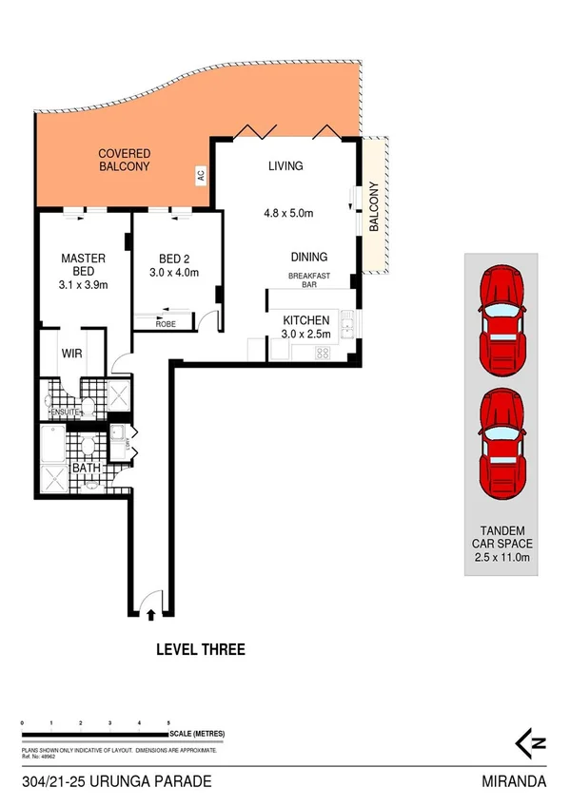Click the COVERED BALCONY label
pos(126,161)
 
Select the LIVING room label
pos(285,166)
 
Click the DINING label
pos(309,257)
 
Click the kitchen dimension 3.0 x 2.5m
pos(305,335)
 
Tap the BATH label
pos(88,468)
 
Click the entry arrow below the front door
pos(150,617)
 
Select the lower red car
pos(501,436)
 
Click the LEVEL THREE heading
pos(200,650)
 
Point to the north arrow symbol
pos(524,741)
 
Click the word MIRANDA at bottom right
pos(514,782)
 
